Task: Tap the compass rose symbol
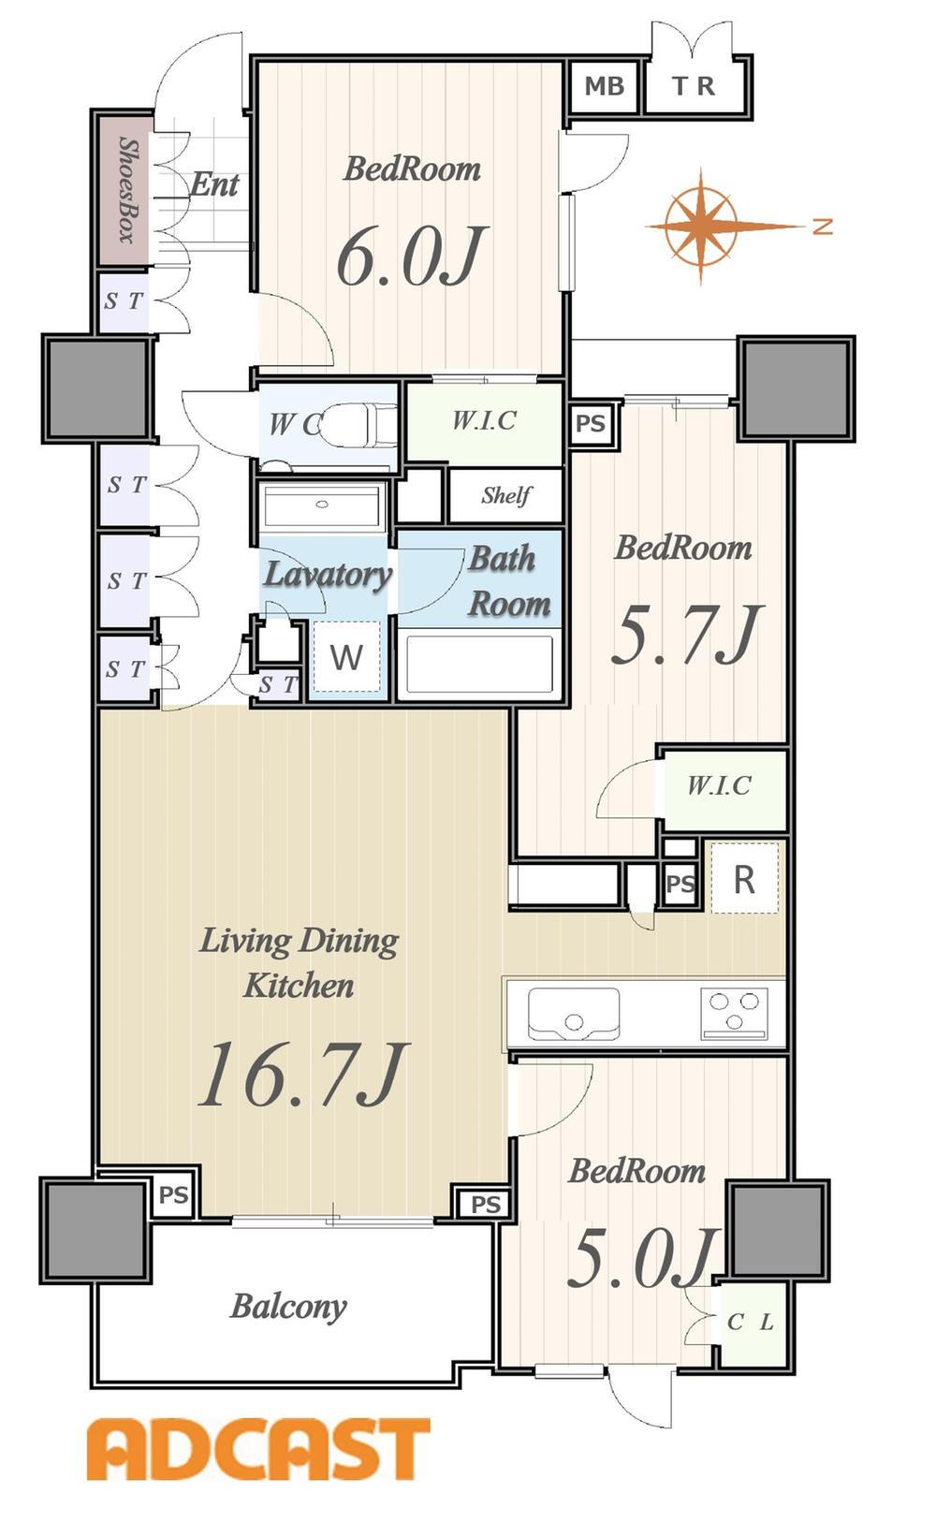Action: [702, 226]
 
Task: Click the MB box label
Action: [604, 86]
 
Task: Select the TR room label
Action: [694, 86]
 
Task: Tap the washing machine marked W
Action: [346, 657]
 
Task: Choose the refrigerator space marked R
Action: [744, 878]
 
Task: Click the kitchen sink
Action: [574, 1014]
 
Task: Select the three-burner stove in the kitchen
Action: [734, 1013]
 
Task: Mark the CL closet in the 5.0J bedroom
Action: [751, 1323]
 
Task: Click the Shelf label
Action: [506, 495]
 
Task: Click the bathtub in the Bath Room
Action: [479, 664]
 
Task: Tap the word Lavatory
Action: [328, 576]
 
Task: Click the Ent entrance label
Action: [214, 184]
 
